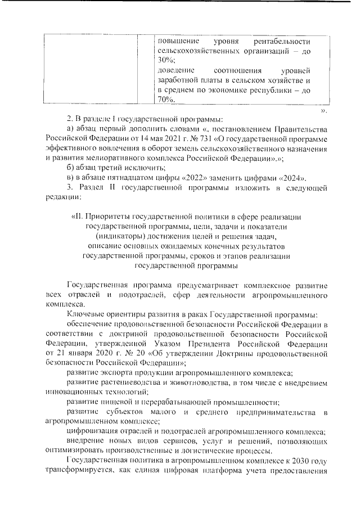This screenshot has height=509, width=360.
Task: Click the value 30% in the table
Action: [167, 60]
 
